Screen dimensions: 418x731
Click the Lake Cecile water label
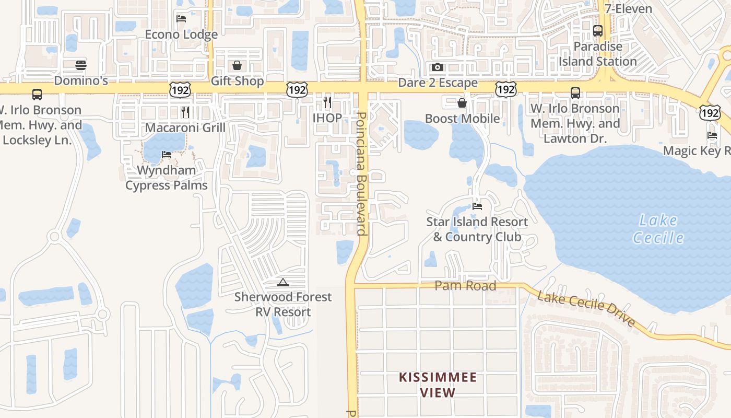658,229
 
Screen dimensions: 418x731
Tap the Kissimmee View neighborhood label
438,385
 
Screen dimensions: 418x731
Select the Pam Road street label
465,286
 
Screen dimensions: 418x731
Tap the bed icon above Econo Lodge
181,19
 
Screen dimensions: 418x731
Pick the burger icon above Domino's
81,65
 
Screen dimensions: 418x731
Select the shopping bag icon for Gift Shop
237,65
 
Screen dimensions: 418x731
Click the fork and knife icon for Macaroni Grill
185,112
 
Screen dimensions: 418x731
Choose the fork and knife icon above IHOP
327,102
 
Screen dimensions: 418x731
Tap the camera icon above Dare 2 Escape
438,67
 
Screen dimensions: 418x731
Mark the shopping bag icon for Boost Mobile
462,103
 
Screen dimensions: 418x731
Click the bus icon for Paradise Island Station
598,31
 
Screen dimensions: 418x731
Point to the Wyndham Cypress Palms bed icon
167,155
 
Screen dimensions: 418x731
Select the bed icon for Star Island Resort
477,206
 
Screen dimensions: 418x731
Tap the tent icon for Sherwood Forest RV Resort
283,283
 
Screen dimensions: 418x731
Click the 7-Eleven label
628,9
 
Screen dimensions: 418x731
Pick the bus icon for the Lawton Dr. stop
575,93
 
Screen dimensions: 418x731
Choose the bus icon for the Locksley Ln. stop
37,95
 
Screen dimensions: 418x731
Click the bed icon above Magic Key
712,135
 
